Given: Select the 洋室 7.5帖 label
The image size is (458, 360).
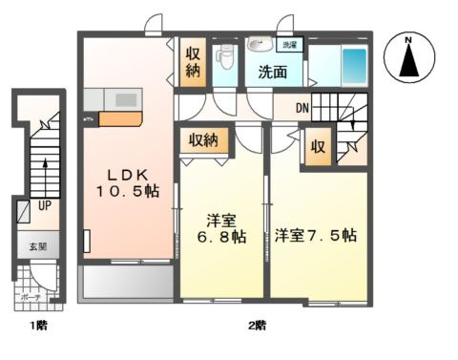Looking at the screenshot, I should click(x=315, y=234).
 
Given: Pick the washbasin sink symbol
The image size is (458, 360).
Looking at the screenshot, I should click(x=258, y=45).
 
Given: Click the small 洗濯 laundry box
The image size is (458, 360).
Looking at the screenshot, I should click(x=287, y=44).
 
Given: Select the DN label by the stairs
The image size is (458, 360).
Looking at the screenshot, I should click(x=302, y=107).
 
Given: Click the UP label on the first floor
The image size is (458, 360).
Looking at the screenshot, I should click(x=44, y=204).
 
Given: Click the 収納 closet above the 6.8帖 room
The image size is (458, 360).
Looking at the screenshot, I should click(x=203, y=139).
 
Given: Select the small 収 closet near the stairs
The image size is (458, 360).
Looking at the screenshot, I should click(x=318, y=148).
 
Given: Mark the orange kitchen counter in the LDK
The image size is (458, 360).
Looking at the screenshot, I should click(x=120, y=120).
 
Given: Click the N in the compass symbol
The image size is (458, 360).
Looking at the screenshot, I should click(x=407, y=39).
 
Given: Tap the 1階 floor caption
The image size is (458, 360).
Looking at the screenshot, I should click(x=36, y=328).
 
